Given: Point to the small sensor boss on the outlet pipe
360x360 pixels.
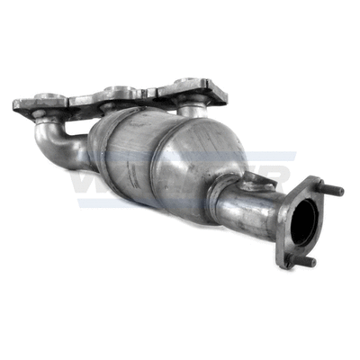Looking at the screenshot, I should pyautogui.click(x=258, y=184).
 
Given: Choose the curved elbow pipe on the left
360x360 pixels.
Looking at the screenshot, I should pyautogui.click(x=58, y=144).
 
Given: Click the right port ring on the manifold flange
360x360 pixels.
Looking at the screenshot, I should pyautogui.click(x=187, y=86).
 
